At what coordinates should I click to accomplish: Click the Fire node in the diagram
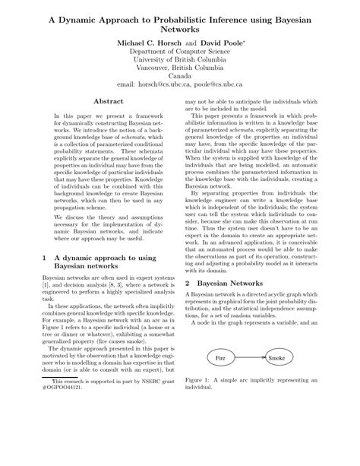(221, 379)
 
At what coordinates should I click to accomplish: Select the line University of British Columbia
(179, 57)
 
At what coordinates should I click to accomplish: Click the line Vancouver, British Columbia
(179, 67)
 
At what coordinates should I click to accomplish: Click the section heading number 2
(188, 282)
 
